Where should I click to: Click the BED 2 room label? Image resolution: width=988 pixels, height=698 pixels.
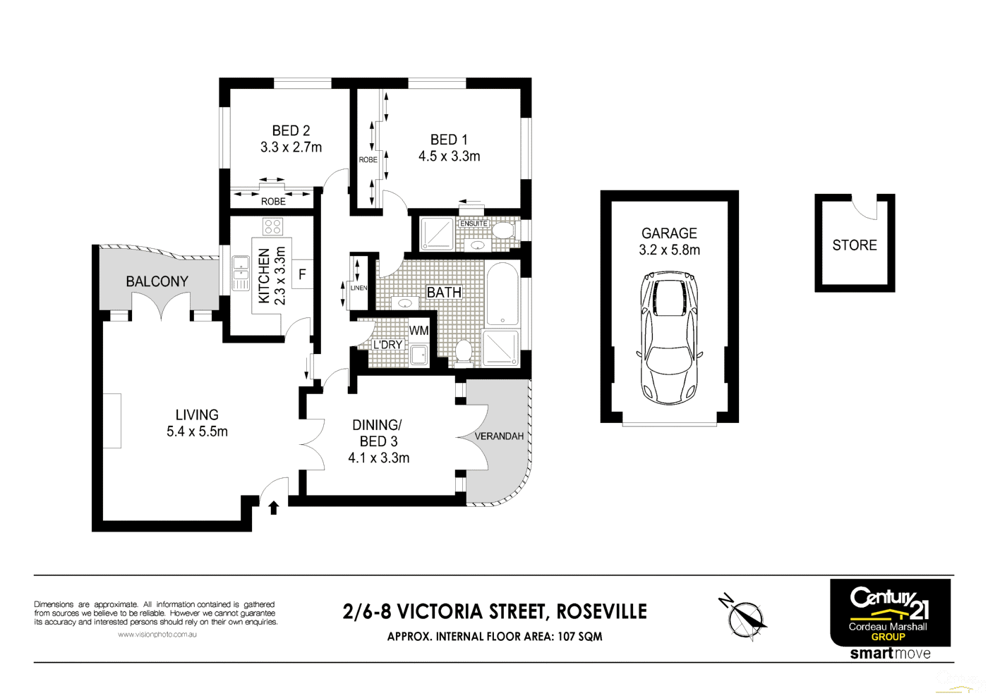click(291, 131)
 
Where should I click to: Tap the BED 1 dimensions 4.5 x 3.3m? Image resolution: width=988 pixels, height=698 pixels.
click(449, 157)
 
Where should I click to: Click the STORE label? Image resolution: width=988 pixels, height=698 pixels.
click(854, 245)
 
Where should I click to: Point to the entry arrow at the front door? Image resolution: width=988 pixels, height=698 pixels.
click(274, 507)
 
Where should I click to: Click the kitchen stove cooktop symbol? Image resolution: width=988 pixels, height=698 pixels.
click(272, 226)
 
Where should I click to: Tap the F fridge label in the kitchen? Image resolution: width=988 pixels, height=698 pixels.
click(302, 274)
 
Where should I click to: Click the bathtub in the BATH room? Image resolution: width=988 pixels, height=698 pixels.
click(502, 295)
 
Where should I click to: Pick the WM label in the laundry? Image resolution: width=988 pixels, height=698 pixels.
click(418, 330)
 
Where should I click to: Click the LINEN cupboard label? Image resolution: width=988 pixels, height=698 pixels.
click(359, 288)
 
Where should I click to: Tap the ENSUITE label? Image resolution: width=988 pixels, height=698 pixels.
click(474, 224)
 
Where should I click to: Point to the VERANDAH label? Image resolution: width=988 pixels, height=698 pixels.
click(499, 436)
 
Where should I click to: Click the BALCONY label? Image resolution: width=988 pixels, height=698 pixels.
click(157, 281)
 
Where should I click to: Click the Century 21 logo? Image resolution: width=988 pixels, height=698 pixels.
click(889, 604)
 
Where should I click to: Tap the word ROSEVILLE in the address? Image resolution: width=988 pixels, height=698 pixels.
click(601, 611)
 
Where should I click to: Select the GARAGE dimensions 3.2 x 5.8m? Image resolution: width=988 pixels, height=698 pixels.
click(669, 250)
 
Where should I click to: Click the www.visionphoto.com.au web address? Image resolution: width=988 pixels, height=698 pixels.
click(157, 635)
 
